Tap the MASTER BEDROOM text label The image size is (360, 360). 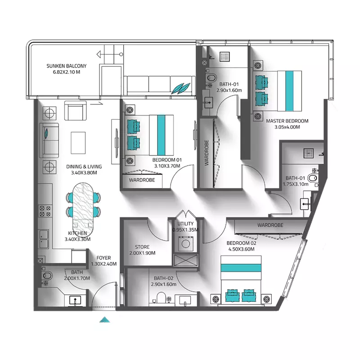coord(287,121)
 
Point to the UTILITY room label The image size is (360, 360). coord(185,224)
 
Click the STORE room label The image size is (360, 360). coord(145,247)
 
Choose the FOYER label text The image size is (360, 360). coord(103,258)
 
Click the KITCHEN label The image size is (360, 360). coord(77,233)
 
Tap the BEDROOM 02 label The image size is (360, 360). coord(242,243)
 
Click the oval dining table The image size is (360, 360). coord(84,204)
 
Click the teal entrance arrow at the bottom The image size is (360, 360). coord(104,319)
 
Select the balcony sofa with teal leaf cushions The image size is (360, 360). coord(160,85)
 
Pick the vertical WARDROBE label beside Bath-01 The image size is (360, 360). coord(207,153)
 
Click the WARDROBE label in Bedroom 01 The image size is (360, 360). coord(142,180)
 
